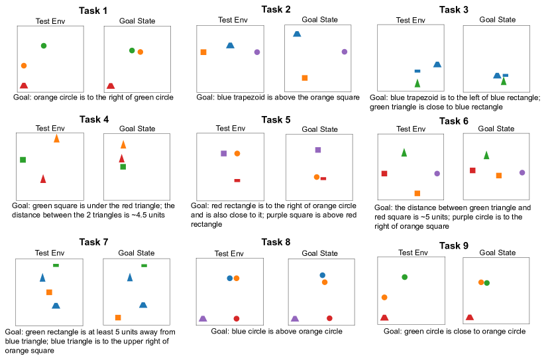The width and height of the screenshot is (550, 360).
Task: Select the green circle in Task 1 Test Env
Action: click(x=44, y=46)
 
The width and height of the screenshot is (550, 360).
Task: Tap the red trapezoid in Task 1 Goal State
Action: click(x=111, y=86)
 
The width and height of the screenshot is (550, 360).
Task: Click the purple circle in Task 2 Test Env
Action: click(x=257, y=52)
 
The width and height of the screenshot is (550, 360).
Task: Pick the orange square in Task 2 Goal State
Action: click(x=305, y=78)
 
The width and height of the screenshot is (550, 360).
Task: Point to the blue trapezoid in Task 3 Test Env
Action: click(x=437, y=64)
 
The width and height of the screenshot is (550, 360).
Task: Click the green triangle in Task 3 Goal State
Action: click(x=504, y=82)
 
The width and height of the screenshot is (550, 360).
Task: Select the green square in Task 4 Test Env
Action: click(x=23, y=160)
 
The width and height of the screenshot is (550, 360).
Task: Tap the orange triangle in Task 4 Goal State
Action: click(x=123, y=145)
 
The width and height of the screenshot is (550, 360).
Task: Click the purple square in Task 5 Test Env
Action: click(x=223, y=154)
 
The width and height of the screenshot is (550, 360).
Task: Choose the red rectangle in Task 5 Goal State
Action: click(x=323, y=178)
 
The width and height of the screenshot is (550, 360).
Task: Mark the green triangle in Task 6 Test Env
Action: click(x=404, y=153)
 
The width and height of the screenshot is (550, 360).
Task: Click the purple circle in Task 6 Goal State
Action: click(x=522, y=172)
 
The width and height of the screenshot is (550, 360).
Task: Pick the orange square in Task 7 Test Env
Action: click(x=49, y=292)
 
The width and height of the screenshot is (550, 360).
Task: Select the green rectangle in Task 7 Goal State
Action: click(x=144, y=266)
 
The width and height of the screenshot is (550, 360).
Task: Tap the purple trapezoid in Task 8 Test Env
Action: click(x=203, y=319)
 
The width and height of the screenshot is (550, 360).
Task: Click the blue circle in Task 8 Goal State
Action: click(x=323, y=275)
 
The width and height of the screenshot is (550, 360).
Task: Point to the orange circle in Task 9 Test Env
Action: click(x=384, y=298)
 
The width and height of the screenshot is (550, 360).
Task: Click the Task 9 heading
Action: click(x=457, y=245)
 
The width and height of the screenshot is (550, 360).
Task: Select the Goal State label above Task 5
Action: click(x=319, y=129)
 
